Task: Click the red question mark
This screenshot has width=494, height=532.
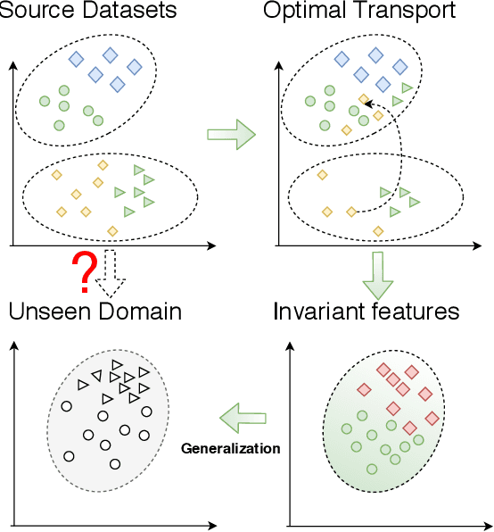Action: tap(83, 274)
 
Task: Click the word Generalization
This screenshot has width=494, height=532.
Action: tap(231, 447)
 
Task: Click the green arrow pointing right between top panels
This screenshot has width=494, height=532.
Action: tap(231, 135)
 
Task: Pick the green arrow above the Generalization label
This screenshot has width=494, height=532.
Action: tap(243, 416)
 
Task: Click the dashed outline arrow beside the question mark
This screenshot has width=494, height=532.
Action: tap(111, 274)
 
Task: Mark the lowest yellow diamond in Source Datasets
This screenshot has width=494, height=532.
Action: tap(112, 231)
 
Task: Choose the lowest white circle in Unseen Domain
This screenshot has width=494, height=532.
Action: tap(114, 464)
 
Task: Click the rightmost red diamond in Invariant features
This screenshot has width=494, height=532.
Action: tap(432, 418)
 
